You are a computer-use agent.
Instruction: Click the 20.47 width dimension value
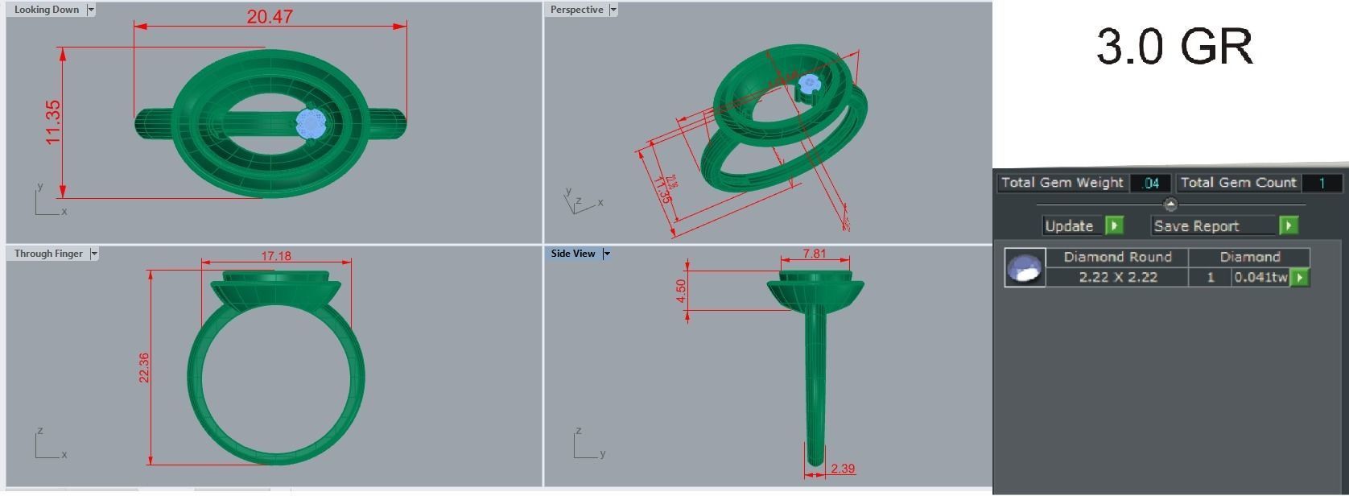(x=270, y=16)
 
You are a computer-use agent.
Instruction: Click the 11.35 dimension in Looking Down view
(x=54, y=122)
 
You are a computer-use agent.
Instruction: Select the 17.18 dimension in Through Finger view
(x=276, y=256)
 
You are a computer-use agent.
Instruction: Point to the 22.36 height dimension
(x=144, y=367)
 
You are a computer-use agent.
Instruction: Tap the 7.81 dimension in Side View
(x=815, y=254)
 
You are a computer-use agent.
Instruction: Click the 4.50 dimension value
(x=682, y=291)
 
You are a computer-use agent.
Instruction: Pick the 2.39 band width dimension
(x=843, y=469)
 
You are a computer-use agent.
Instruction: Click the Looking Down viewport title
(x=47, y=10)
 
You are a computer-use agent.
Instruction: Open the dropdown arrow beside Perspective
(x=613, y=10)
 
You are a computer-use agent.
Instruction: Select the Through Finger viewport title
(x=48, y=254)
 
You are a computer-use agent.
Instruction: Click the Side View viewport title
(x=573, y=254)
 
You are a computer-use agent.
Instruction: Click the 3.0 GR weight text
(x=1174, y=47)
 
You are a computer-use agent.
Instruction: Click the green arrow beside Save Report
(x=1289, y=225)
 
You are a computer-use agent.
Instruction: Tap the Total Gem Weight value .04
(x=1151, y=184)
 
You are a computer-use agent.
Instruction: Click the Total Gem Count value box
(x=1321, y=184)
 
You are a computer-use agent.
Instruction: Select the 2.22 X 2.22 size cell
(x=1118, y=277)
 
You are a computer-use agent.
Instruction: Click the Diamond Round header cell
(x=1117, y=257)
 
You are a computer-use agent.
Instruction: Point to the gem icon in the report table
(x=1025, y=268)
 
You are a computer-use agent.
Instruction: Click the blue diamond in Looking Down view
(x=311, y=123)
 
